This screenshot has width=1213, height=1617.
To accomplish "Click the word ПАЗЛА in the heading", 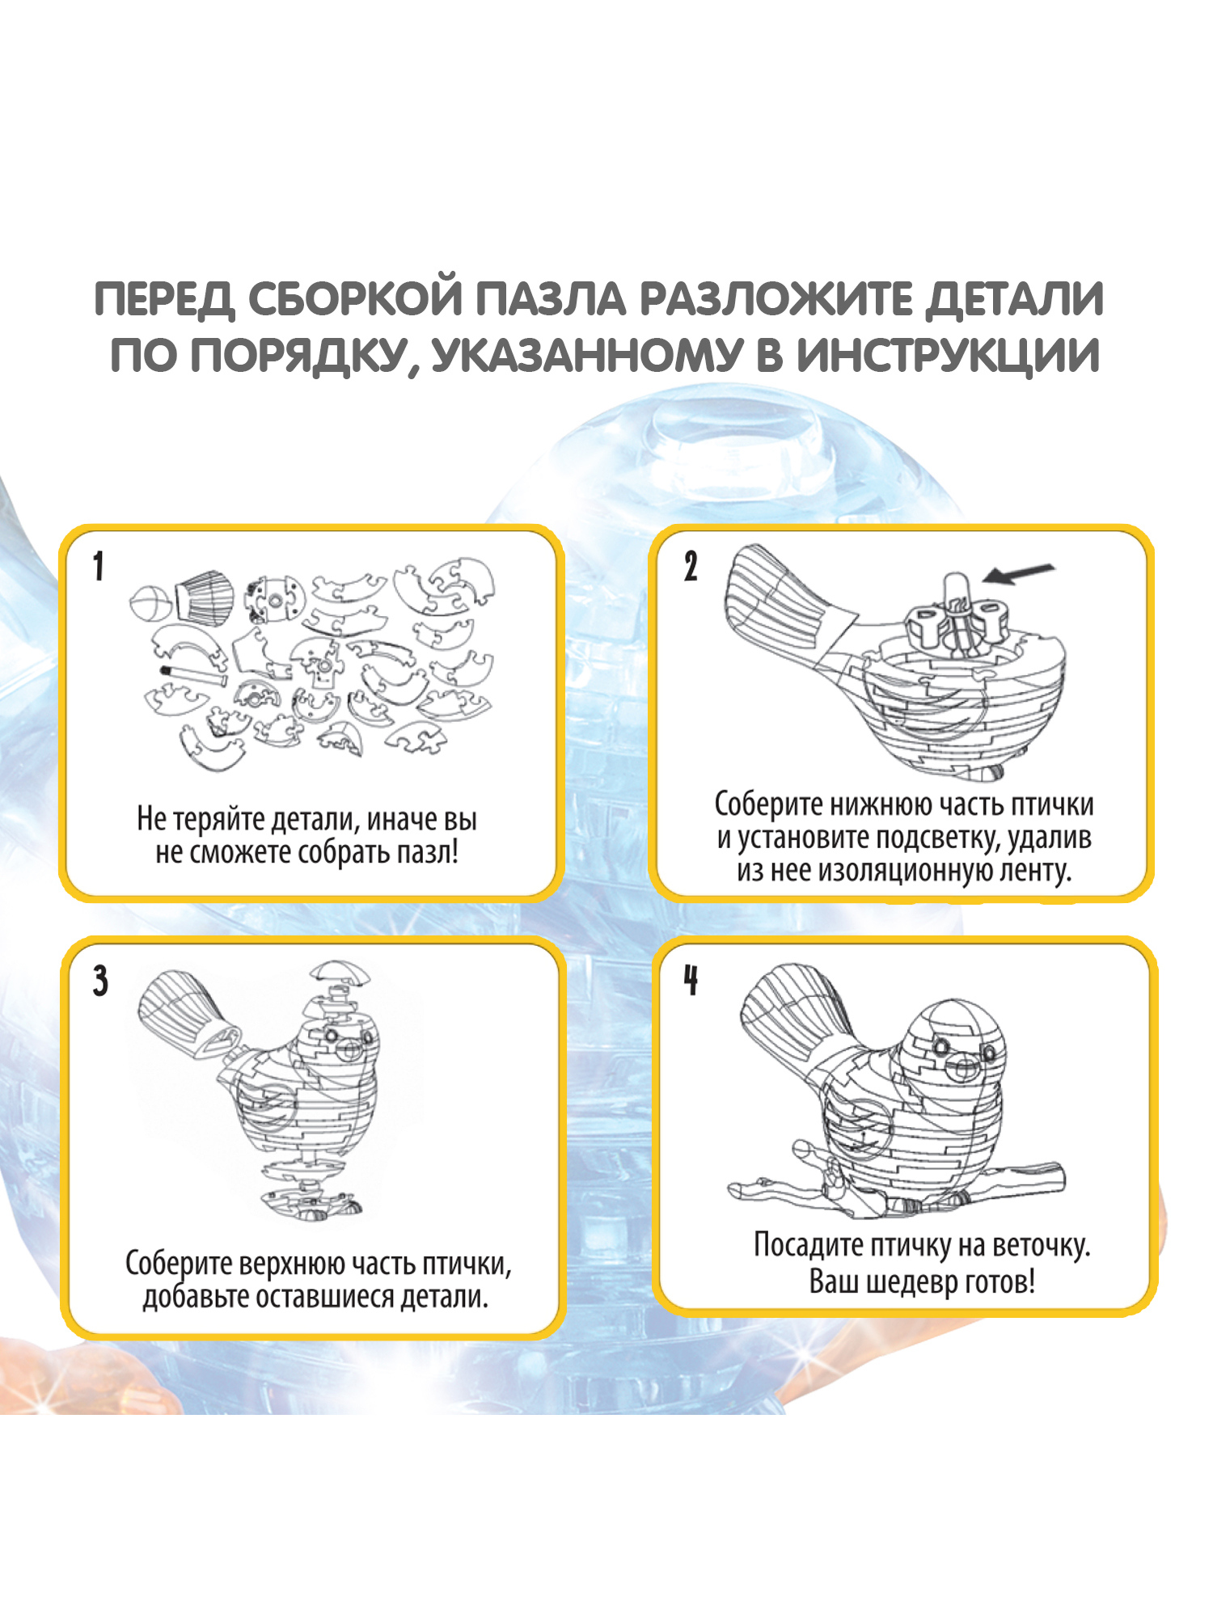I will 549,299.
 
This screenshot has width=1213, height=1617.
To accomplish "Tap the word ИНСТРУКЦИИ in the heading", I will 947,356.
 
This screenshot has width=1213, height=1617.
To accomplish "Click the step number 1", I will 98,566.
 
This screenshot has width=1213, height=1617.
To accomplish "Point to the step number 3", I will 99,981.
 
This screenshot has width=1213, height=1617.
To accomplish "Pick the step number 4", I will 691,980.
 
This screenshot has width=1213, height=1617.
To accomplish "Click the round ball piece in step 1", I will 150,603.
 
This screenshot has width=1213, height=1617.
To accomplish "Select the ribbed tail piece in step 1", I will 204,597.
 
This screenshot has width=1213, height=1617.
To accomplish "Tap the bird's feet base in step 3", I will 311,1205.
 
